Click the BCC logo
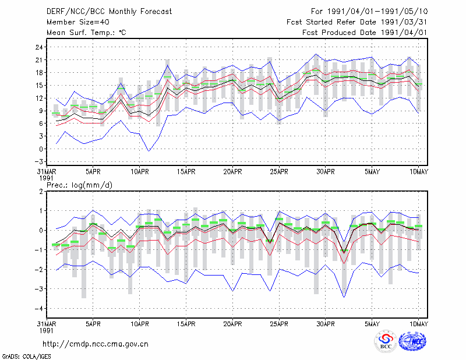[x=386, y=342]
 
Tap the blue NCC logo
[x=412, y=342]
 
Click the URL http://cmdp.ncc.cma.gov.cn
[x=96, y=344]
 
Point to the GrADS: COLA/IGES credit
[x=27, y=357]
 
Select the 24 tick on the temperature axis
[x=40, y=47]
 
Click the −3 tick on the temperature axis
[x=39, y=162]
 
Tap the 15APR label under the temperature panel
[x=186, y=172]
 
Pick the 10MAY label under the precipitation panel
[x=418, y=324]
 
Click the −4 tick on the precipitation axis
[x=39, y=309]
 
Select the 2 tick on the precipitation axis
[x=41, y=192]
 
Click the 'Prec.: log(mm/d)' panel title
[x=80, y=185]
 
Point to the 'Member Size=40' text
[x=78, y=22]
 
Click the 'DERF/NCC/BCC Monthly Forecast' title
[x=110, y=12]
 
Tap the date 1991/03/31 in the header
[x=404, y=22]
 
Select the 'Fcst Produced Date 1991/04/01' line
[x=365, y=33]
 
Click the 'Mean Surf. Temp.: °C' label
[x=86, y=33]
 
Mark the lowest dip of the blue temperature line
[x=149, y=151]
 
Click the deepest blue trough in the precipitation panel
[x=344, y=297]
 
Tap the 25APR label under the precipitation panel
[x=279, y=324]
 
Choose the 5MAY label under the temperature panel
[x=372, y=172]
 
